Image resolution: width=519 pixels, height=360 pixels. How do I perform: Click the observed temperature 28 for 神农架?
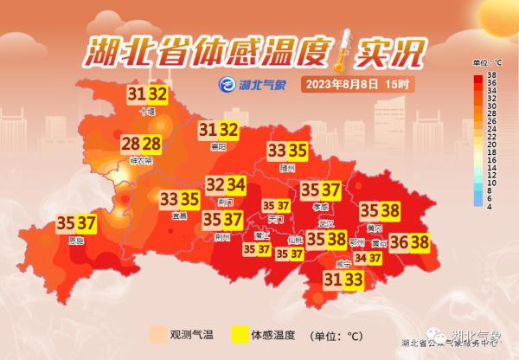(131, 144)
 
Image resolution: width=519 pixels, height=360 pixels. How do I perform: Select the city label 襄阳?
(217, 147)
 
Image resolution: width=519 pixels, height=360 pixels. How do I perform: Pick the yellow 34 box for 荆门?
(235, 184)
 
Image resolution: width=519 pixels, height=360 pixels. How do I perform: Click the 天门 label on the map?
(276, 220)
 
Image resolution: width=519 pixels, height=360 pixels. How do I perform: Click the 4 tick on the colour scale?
(490, 206)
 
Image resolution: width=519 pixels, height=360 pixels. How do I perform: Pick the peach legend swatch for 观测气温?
(156, 333)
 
